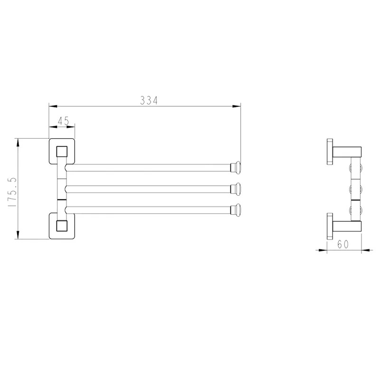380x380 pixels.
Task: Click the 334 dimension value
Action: pos(149,100)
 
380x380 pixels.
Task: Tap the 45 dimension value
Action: pos(64,121)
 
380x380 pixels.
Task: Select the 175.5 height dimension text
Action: pos(12,192)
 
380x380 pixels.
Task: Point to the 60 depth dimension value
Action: pos(343,244)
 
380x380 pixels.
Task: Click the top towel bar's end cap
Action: pos(236,167)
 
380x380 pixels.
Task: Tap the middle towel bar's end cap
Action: pos(236,189)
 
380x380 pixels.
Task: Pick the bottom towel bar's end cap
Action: pos(236,209)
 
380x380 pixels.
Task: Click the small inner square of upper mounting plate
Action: pos(62,152)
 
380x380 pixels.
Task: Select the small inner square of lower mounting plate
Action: pos(62,226)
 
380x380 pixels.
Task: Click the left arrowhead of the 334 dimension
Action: pos(53,106)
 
